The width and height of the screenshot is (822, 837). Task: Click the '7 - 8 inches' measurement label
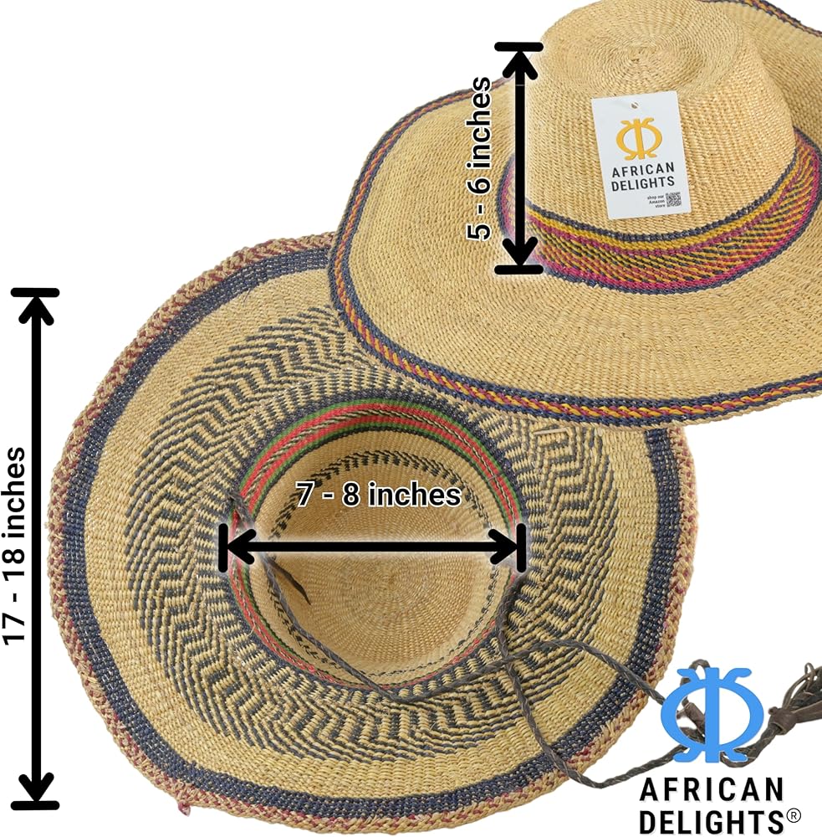click(378, 495)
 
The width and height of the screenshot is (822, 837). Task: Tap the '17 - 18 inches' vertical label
click(14, 546)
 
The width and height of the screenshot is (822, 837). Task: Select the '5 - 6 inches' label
click(480, 158)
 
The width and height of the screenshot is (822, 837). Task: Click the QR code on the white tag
click(673, 199)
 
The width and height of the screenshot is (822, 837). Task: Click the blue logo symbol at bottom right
click(712, 716)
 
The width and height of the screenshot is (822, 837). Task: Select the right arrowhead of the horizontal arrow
click(507, 548)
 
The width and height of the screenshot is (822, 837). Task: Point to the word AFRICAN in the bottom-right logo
click(711, 789)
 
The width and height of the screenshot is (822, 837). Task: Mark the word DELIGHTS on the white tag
click(643, 182)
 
